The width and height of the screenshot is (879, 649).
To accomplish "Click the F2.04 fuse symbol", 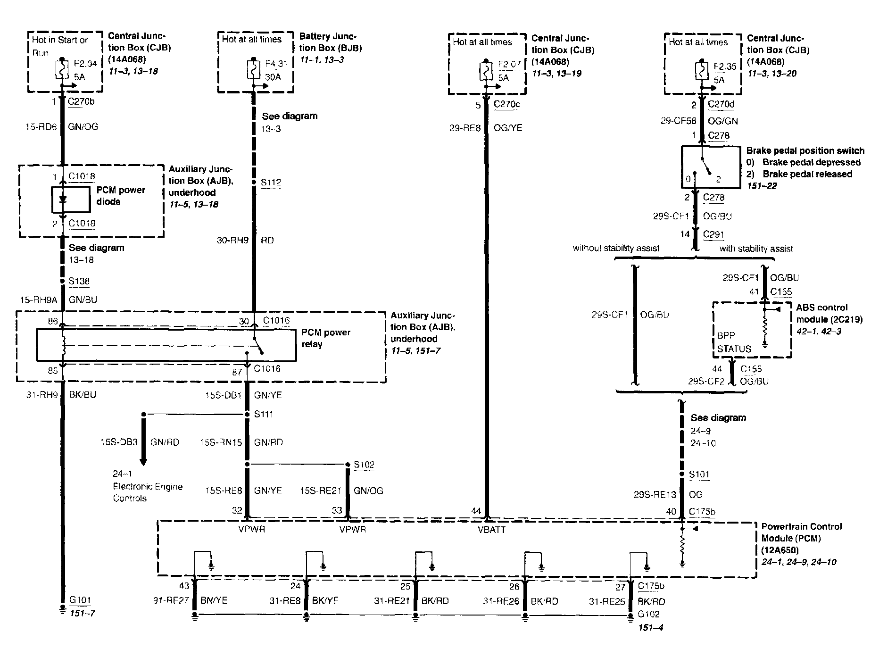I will point(62,69).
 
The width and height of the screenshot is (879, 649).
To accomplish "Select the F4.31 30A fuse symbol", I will point(254,69).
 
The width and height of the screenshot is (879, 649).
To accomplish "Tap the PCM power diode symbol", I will point(63,199).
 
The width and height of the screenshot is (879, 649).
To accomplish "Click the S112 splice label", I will point(271,183).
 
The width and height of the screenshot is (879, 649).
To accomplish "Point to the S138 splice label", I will point(79,282).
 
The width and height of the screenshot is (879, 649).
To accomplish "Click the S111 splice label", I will point(264,415).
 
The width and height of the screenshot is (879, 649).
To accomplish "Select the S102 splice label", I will point(364,465).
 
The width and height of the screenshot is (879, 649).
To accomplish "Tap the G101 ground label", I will point(80,600).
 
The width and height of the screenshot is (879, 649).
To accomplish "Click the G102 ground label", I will point(649,614).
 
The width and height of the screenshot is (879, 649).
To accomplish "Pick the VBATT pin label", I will point(492,530).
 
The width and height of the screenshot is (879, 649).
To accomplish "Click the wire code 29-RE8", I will point(465,128).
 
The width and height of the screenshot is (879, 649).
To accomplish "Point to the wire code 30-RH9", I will point(232,240).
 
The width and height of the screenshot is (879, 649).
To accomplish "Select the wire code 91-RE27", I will point(171,601).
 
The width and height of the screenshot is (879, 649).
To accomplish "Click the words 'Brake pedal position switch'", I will point(805,151).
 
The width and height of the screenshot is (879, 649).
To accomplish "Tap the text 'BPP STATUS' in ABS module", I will point(733,342).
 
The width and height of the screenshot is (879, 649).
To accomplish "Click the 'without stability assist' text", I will point(616,248).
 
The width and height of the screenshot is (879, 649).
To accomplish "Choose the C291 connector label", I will point(713,234).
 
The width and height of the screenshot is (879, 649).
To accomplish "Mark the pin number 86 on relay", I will point(52,322).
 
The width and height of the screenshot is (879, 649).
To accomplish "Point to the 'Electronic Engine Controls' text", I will point(148,492).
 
